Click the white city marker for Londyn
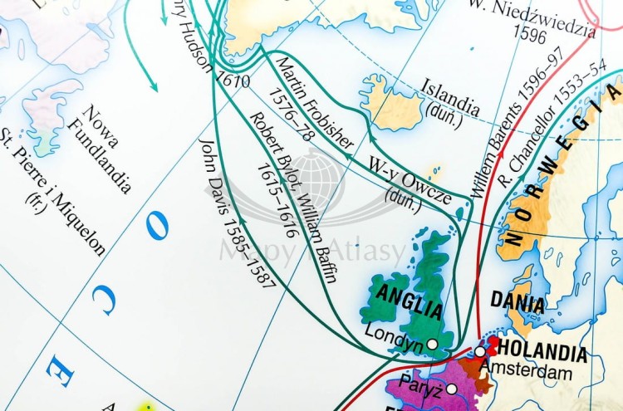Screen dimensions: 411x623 [432, 343]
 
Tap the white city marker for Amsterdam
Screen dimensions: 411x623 [480, 352]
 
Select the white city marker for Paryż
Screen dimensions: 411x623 [451, 389]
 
